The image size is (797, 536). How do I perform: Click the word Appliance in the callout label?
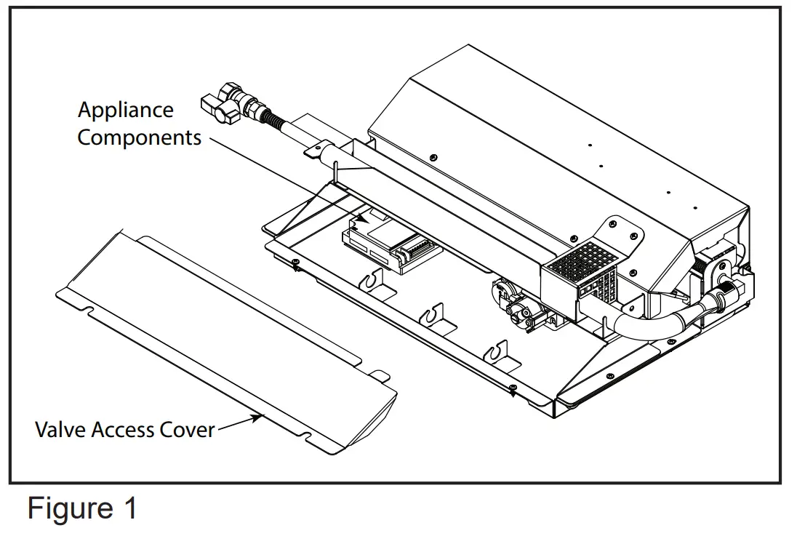click(125, 111)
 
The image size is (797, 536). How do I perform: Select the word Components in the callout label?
click(139, 137)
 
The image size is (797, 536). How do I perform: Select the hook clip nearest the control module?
click(375, 280)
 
